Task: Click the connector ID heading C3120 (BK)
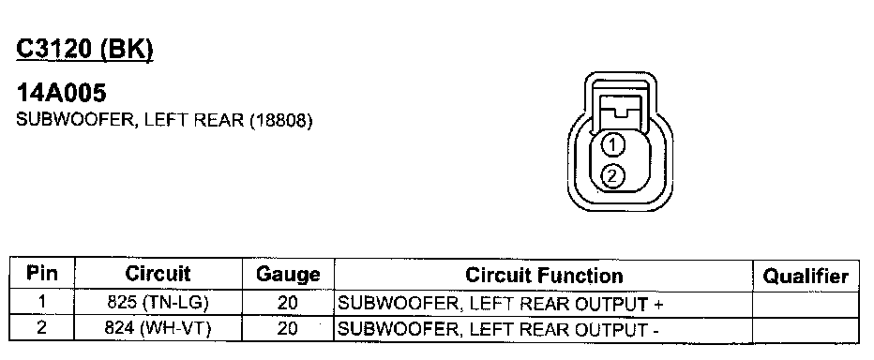click(84, 50)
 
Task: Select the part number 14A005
click(61, 93)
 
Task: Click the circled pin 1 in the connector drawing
click(612, 145)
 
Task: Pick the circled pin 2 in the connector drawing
click(612, 176)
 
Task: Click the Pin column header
click(42, 274)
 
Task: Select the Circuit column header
click(158, 274)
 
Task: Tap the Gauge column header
click(288, 274)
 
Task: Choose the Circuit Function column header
click(544, 275)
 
